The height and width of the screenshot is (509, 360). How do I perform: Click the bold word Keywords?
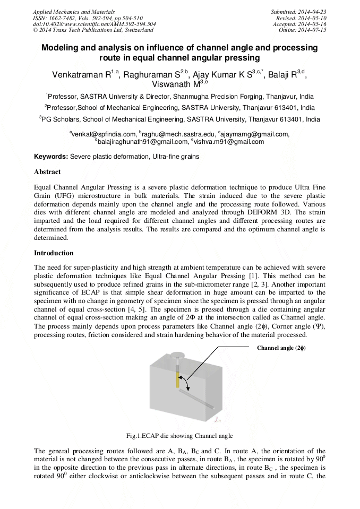(x=50, y=157)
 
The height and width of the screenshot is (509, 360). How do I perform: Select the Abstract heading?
(x=47, y=172)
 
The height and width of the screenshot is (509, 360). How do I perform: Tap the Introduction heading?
(x=54, y=253)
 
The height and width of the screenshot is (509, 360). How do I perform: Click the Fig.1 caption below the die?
(x=179, y=436)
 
